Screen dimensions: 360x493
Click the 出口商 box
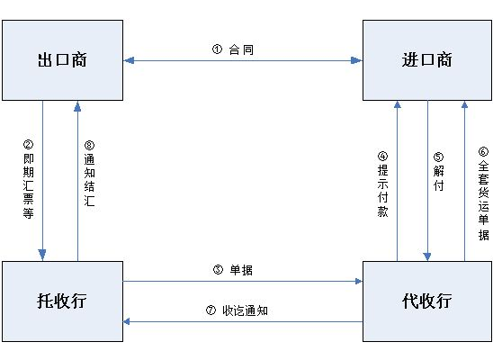[x=62, y=60]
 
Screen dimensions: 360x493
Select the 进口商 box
[x=427, y=60]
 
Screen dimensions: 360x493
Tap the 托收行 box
[x=62, y=301]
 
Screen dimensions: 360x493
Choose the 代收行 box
[x=427, y=301]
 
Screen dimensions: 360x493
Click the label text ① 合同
[x=233, y=50]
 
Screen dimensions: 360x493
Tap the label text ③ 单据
[x=231, y=269]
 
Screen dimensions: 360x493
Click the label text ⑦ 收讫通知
[x=238, y=310]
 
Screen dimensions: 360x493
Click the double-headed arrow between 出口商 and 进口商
[x=242, y=61]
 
